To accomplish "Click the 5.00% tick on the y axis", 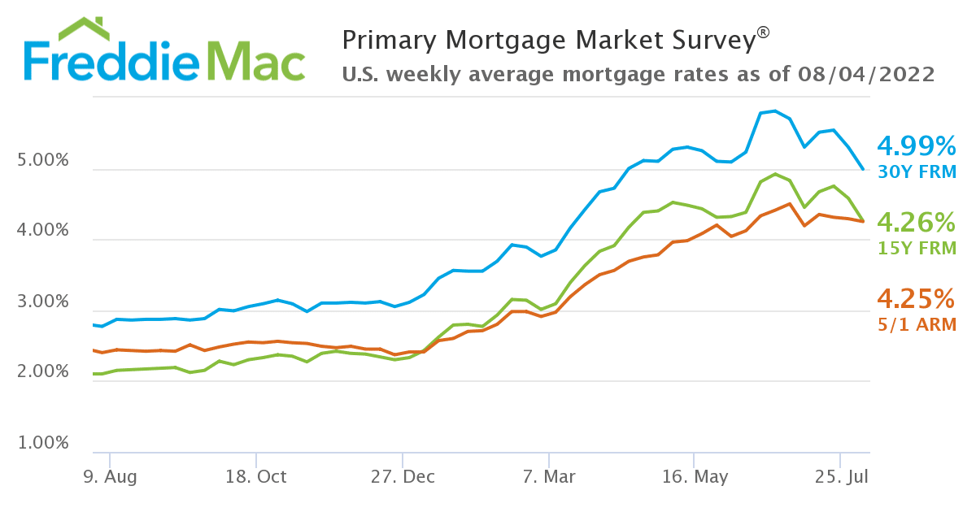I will pyautogui.click(x=43, y=160).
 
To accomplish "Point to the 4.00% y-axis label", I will pyautogui.click(x=43, y=231).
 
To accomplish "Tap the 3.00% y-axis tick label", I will pyautogui.click(x=43, y=302).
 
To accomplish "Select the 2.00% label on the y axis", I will pyautogui.click(x=43, y=372).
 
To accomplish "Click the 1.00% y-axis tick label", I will pyautogui.click(x=43, y=443).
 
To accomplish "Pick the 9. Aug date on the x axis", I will pyautogui.click(x=110, y=477).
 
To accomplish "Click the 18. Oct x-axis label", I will pyautogui.click(x=255, y=477).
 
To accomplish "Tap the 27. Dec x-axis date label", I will pyautogui.click(x=402, y=477).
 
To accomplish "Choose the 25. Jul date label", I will pyautogui.click(x=839, y=477).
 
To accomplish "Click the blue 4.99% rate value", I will pyautogui.click(x=916, y=147).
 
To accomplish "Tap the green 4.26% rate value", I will pyautogui.click(x=916, y=223).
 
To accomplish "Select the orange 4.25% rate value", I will pyautogui.click(x=916, y=299).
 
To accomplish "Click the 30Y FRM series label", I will pyautogui.click(x=916, y=172).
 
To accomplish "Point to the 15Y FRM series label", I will pyautogui.click(x=916, y=249).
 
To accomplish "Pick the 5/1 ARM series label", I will pyautogui.click(x=916, y=324).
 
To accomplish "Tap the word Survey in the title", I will pyautogui.click(x=710, y=40).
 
